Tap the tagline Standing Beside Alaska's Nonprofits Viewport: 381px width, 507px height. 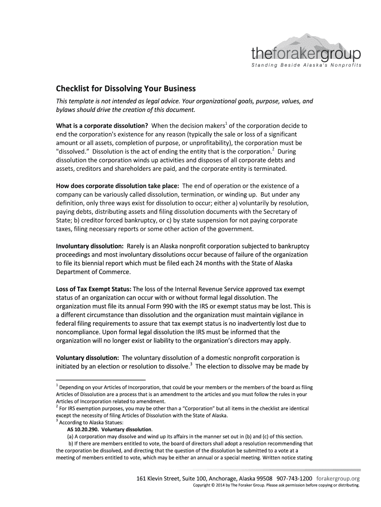[x=307, y=65]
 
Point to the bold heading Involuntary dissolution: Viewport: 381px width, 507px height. [x=90, y=246]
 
